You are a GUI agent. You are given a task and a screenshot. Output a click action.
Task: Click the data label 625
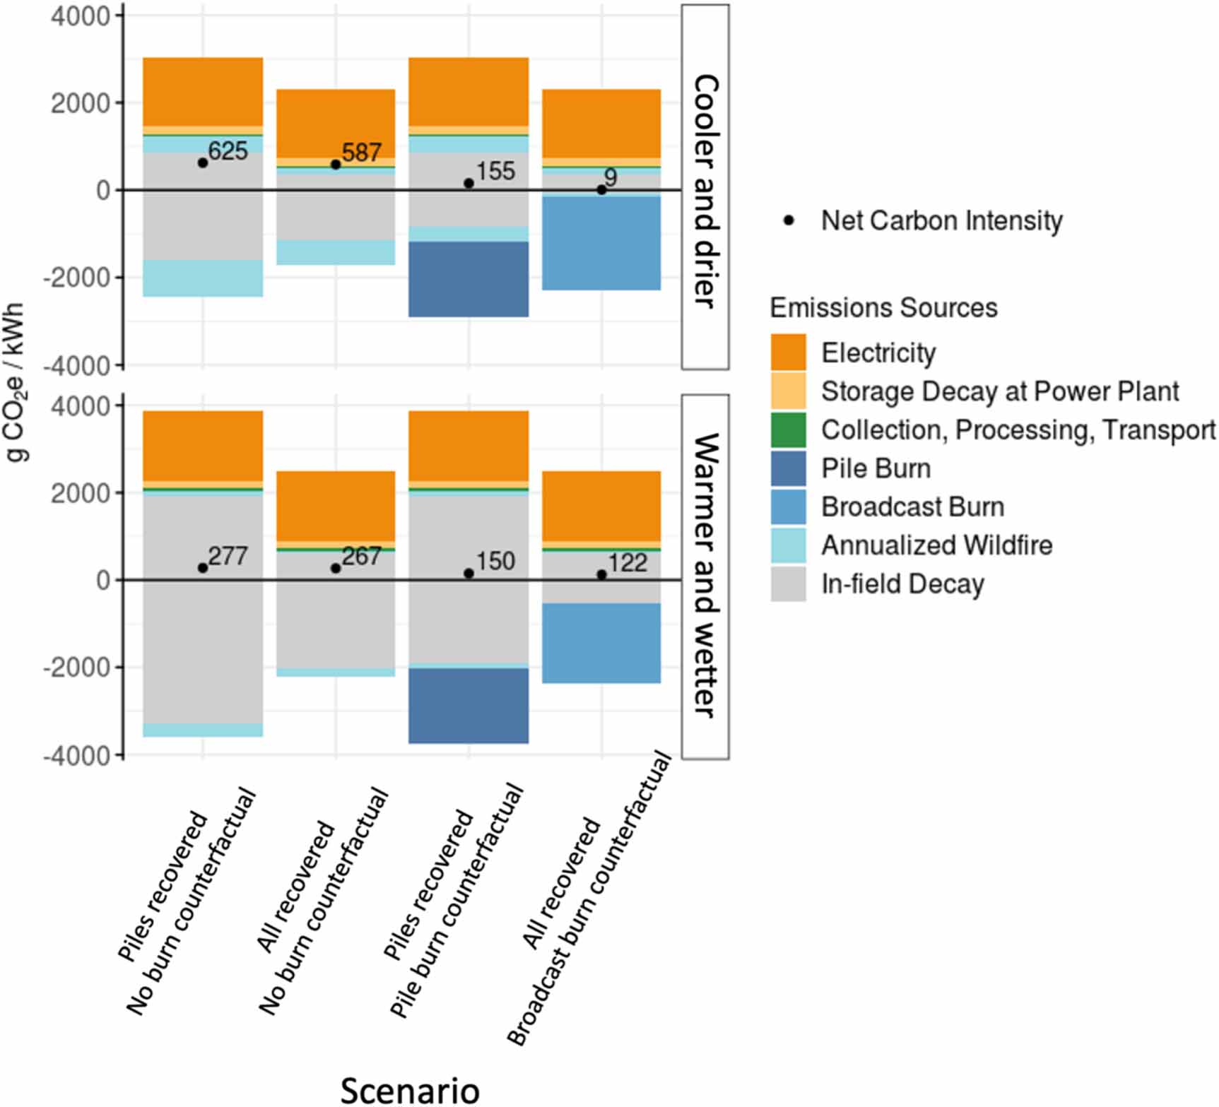(x=228, y=151)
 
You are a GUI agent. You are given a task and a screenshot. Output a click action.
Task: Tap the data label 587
(x=361, y=153)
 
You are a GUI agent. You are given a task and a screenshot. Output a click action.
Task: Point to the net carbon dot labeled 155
(x=469, y=184)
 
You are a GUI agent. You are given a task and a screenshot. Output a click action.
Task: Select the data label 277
(x=228, y=557)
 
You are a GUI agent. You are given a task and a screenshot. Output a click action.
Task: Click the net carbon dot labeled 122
(x=601, y=575)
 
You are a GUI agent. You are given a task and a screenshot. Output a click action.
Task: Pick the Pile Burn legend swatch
(x=788, y=469)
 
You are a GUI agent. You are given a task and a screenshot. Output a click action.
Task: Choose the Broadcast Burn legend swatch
(x=788, y=507)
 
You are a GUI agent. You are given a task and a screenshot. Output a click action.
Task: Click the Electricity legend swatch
(x=788, y=353)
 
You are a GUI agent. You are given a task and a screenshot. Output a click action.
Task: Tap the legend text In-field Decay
(x=902, y=584)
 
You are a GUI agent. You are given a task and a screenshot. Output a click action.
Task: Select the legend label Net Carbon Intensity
(x=941, y=220)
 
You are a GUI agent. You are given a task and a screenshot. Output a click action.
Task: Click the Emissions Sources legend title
(x=883, y=308)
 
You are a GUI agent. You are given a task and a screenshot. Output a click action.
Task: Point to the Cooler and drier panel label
(x=705, y=191)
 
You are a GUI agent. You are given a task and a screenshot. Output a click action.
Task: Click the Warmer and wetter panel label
(x=705, y=576)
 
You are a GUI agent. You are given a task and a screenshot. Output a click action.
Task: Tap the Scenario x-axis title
(x=410, y=1089)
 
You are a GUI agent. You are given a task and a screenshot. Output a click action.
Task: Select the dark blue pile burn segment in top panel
(x=469, y=279)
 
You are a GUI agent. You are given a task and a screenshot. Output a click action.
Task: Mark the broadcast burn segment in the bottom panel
(x=601, y=643)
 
